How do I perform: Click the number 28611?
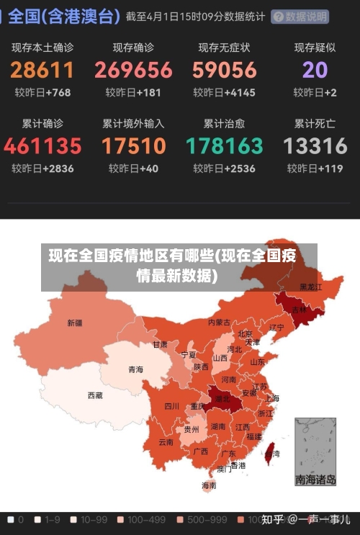coord(42,70)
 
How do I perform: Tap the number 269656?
coord(133,70)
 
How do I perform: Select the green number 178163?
coord(224,146)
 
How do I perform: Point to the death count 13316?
coord(315,146)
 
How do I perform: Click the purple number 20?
coord(315,70)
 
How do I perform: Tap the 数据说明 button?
coord(300,17)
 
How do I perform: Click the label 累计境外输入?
coord(133,123)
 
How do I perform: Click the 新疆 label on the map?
coord(75,323)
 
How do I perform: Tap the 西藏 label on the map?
coord(95,395)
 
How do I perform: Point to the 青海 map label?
coord(135,369)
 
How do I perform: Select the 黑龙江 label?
coord(310,287)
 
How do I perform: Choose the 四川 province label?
coord(171,405)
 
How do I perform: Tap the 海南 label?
coord(209,485)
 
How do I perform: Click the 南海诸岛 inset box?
coord(315,451)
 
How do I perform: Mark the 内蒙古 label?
coord(219,323)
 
